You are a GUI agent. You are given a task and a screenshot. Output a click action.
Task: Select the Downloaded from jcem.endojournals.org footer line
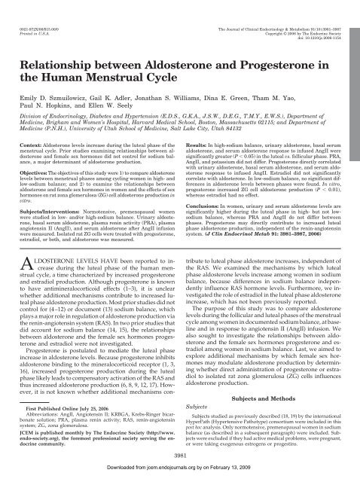pyautogui.click(x=180, y=475)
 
